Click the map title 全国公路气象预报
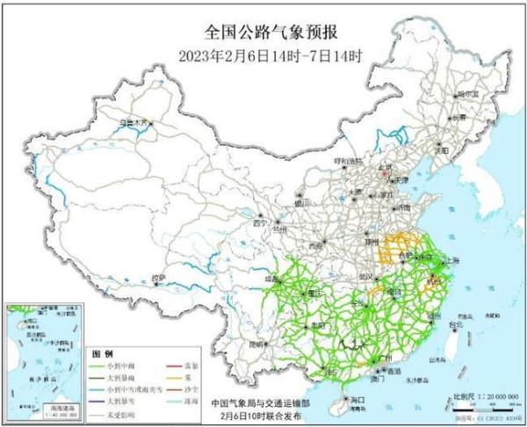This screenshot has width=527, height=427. [263, 34]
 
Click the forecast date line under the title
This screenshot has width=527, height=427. [263, 55]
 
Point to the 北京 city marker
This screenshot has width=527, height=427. [383, 173]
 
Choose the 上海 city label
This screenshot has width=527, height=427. [453, 261]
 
